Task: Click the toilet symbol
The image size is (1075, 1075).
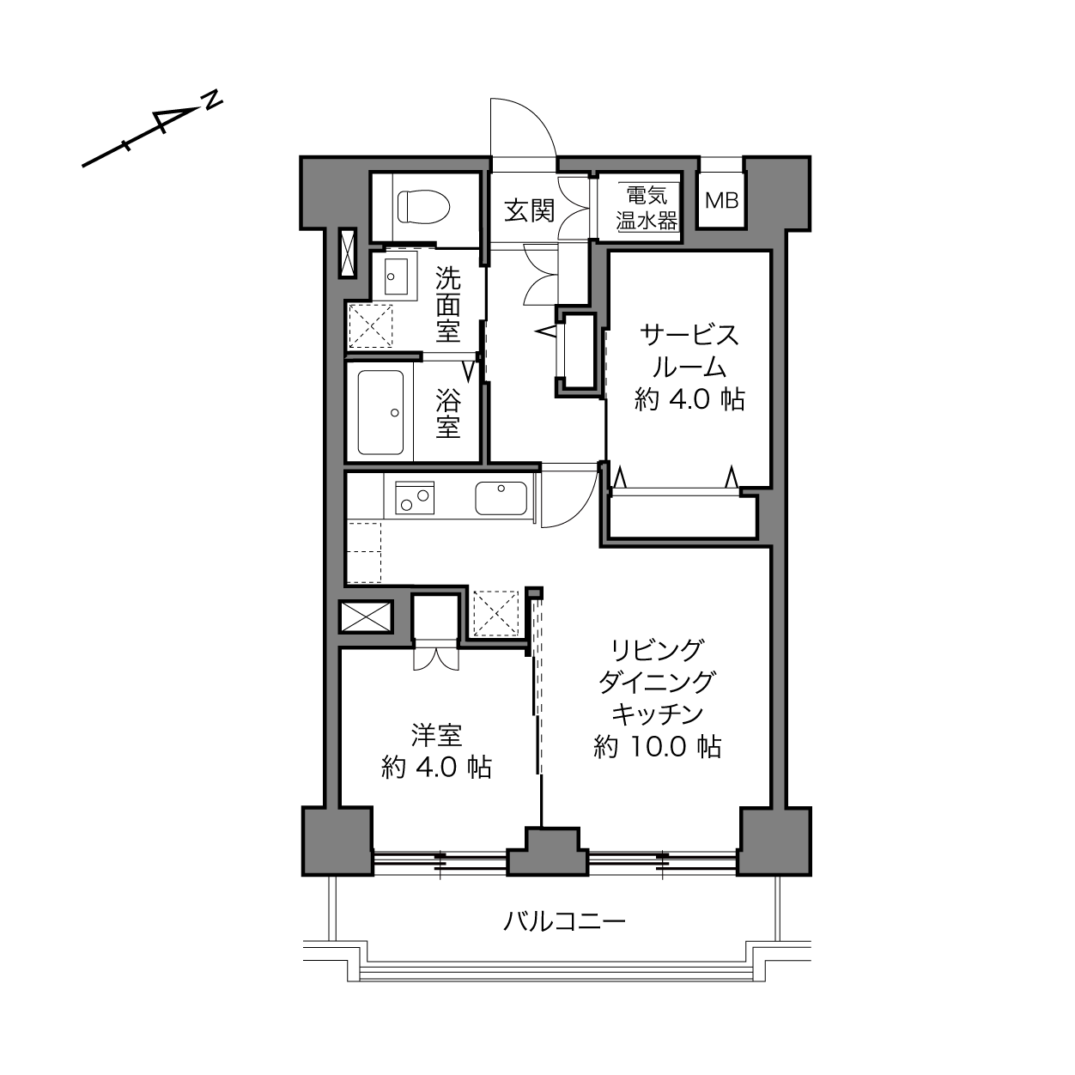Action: click(423, 207)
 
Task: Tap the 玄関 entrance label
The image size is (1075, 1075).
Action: click(530, 211)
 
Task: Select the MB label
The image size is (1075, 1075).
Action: click(722, 200)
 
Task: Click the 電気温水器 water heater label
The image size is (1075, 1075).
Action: click(647, 208)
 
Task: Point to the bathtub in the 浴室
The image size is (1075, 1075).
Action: click(381, 412)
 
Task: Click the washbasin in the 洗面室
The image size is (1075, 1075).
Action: click(396, 276)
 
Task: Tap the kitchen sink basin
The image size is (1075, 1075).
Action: click(501, 498)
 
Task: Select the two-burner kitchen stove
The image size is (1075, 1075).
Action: click(415, 498)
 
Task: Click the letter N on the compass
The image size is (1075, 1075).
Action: click(212, 101)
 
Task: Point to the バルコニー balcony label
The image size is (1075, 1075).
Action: click(564, 921)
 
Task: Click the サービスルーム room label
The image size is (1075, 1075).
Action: click(689, 351)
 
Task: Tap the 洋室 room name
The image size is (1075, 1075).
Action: click(436, 735)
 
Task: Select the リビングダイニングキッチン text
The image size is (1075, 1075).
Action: click(657, 682)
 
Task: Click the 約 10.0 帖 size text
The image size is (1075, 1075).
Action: click(658, 747)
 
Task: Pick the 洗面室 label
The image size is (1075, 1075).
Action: click(448, 305)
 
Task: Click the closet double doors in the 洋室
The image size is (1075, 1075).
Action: click(435, 659)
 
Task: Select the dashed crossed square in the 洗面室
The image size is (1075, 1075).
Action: click(370, 325)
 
